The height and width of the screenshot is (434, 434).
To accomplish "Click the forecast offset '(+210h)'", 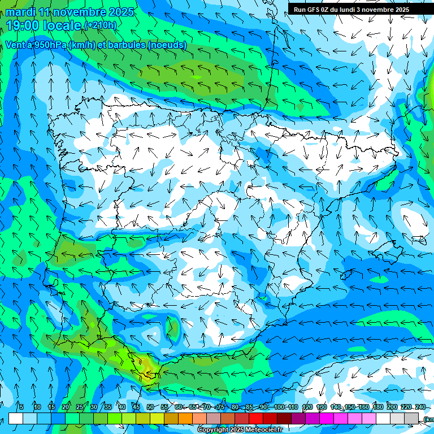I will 100,25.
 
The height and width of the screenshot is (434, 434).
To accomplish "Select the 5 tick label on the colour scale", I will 21,407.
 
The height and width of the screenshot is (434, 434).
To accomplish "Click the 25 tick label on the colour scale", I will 80,407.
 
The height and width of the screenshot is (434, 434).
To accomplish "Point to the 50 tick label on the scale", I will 150,407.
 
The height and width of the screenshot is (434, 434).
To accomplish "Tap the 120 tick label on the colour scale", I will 307,407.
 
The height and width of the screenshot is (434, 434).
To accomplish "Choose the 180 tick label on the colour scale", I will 378,407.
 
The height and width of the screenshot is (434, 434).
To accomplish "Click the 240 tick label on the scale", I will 420,407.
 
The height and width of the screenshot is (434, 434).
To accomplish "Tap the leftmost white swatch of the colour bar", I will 16,418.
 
